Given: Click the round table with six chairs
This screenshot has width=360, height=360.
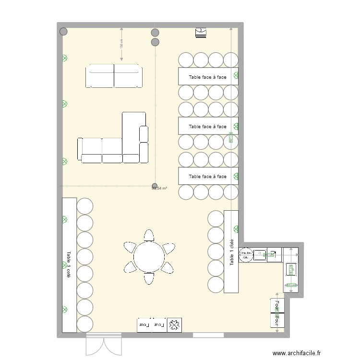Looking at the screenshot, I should [149, 256].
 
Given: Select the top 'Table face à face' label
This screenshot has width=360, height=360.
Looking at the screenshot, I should [207, 77].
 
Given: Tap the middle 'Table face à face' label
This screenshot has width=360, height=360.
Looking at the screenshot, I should [207, 127].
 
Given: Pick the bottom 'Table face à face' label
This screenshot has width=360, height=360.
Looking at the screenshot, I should [207, 177].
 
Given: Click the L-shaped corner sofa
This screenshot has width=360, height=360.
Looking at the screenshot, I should [130, 144].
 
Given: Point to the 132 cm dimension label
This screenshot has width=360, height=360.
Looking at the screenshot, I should [121, 44].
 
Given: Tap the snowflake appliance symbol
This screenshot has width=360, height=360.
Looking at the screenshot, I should [174, 325].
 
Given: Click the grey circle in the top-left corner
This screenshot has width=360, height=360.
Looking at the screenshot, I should [63, 32].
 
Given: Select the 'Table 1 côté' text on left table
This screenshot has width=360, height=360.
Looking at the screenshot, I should [69, 264].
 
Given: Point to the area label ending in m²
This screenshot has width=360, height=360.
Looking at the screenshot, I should [159, 189].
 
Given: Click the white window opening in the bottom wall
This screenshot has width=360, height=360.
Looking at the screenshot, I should [208, 335].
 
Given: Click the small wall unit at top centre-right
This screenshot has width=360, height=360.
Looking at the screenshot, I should [201, 32].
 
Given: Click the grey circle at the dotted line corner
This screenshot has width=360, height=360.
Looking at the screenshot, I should [155, 185].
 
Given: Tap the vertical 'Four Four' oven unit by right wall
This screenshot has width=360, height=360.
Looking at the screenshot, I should [277, 312].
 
